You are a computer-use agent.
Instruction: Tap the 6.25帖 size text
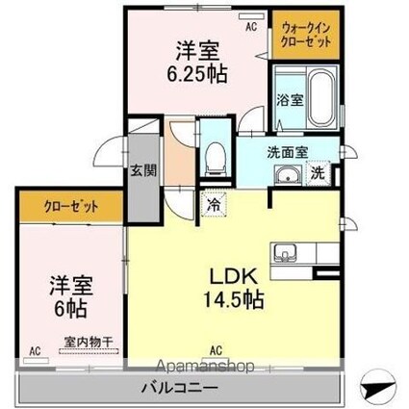coord(200,73)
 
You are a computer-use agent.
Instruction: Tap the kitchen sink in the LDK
coord(285,255)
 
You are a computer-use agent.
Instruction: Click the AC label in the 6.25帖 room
coord(250,28)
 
